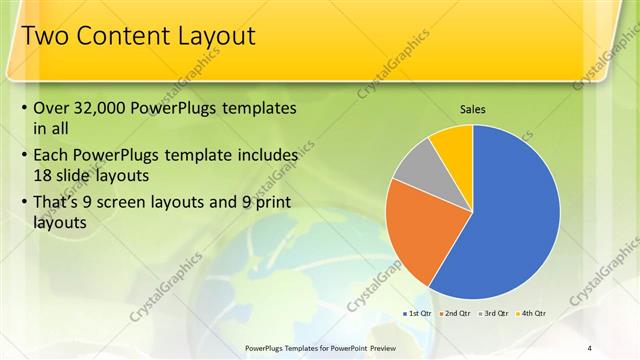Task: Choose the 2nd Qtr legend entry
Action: click(456, 313)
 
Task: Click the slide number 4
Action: click(590, 347)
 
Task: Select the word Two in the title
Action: click(42, 37)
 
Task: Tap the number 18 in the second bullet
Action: click(42, 174)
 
